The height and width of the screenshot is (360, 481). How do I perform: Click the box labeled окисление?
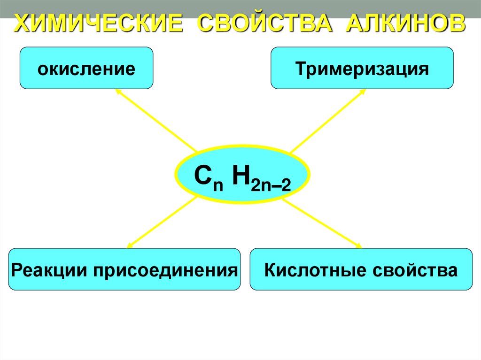pyautogui.click(x=86, y=68)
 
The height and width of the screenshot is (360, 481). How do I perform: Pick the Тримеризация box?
pyautogui.click(x=362, y=68)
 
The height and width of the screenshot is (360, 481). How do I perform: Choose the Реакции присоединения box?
pyautogui.click(x=124, y=269)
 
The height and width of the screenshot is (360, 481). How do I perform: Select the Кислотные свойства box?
pyautogui.click(x=361, y=269)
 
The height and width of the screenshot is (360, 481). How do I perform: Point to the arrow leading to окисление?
pyautogui.click(x=155, y=120)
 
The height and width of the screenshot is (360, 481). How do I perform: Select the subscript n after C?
pyautogui.click(x=217, y=184)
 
